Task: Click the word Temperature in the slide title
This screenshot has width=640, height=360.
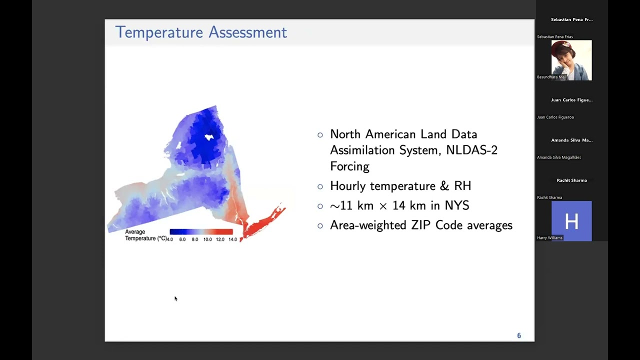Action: point(159,32)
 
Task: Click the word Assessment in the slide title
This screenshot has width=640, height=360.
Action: point(247,32)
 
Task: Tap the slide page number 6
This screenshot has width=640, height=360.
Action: point(519,335)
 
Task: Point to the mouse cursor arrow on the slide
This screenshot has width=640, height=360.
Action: point(175,298)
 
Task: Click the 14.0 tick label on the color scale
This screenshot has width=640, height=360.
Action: point(232,239)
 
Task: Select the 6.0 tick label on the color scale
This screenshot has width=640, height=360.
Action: point(182,239)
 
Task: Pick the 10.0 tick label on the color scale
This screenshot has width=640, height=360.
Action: point(207,239)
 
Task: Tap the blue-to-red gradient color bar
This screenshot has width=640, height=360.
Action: point(201,231)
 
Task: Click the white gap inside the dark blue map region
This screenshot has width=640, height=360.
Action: point(209,136)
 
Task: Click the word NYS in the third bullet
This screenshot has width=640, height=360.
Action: point(456,205)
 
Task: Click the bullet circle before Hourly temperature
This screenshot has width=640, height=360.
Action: point(320,186)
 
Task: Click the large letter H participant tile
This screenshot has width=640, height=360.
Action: point(571,221)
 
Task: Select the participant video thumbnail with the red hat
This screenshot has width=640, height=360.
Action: point(571,60)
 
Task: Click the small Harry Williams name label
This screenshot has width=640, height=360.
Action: point(549,237)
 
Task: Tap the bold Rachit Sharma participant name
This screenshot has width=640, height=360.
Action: point(571,180)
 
